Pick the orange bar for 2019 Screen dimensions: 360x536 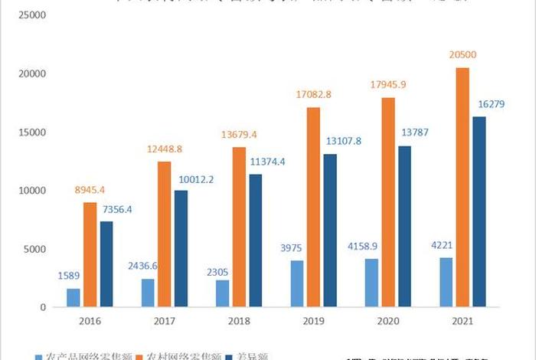tap(314, 207)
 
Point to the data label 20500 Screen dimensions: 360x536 tap(463, 55)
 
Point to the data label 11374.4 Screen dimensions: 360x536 tap(269, 162)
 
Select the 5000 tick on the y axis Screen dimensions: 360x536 tap(34, 249)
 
